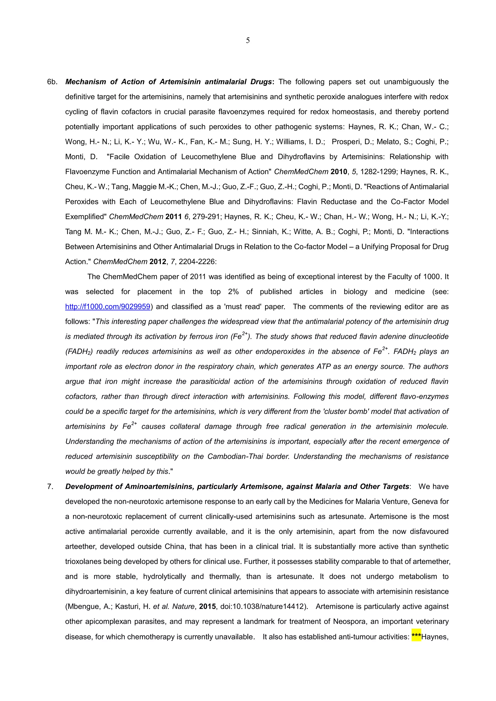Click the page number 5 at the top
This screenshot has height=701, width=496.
(x=248, y=40)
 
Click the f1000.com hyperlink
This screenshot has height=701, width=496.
(x=108, y=306)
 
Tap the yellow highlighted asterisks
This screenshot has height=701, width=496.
(x=416, y=637)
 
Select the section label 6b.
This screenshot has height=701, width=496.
(x=52, y=82)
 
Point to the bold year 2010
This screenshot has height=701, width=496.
(x=339, y=172)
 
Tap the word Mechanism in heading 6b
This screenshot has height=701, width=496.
(x=85, y=82)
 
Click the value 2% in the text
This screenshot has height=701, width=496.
(x=233, y=292)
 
